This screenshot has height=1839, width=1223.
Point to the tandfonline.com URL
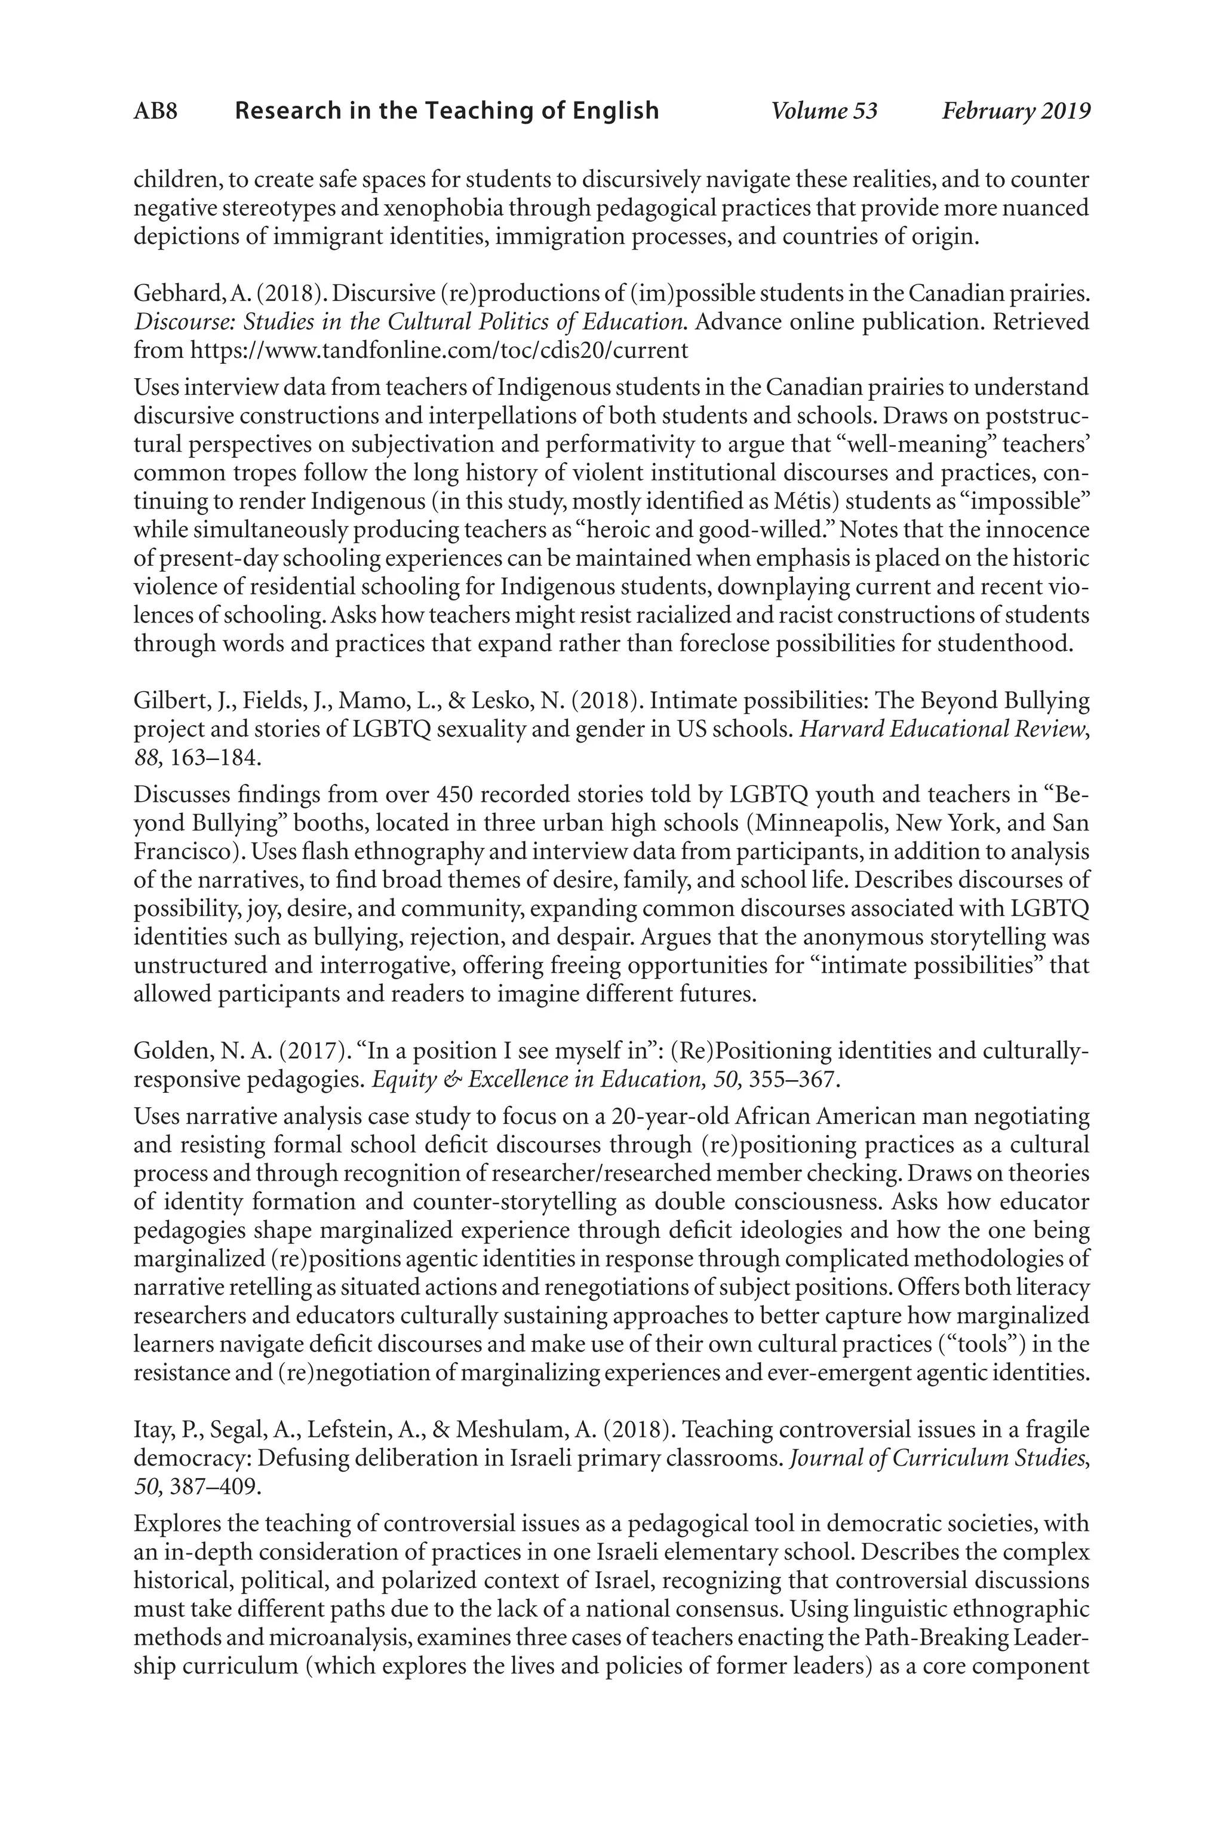(439, 350)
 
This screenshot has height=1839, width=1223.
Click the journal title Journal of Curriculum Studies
(938, 1458)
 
